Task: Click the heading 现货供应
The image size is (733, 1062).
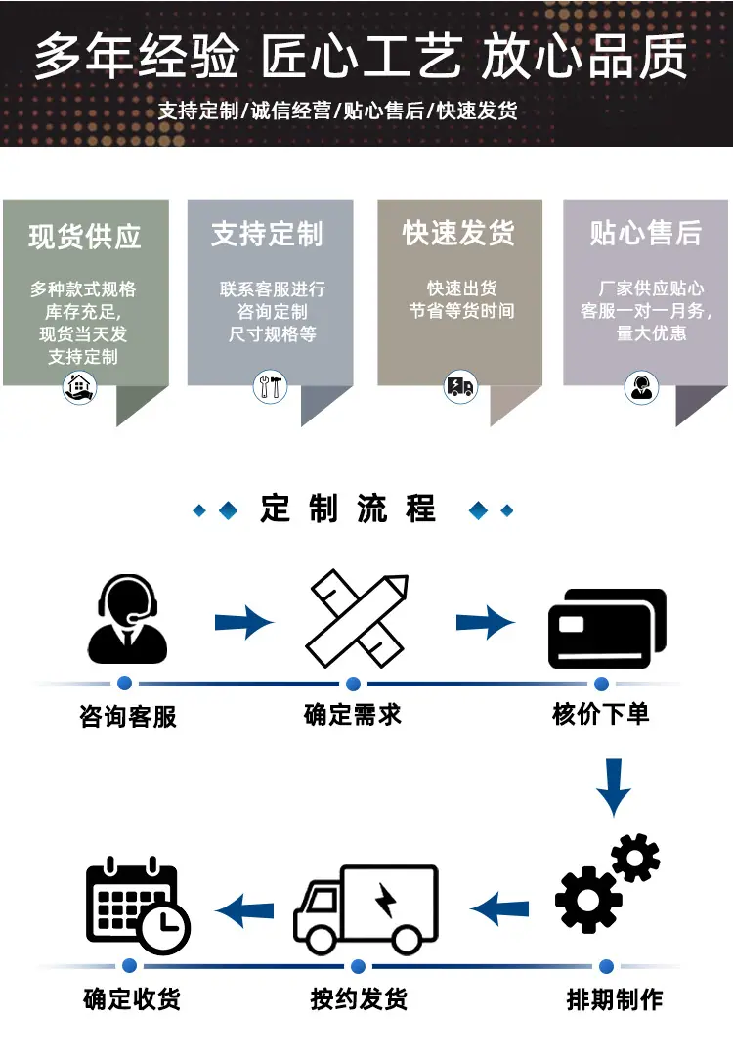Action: pos(85,237)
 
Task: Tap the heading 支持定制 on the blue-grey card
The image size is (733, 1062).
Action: pos(268,234)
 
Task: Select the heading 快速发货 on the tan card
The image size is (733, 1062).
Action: pos(459,233)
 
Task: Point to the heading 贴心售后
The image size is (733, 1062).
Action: pos(646,233)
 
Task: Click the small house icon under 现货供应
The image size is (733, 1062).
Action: pos(79,387)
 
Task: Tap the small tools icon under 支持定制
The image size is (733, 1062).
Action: pos(270,387)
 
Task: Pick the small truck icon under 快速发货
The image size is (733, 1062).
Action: pos(460,387)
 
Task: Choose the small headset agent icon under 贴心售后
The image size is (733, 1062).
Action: pos(641,387)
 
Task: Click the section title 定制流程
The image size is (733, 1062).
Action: pos(348,509)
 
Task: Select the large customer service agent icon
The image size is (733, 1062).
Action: pos(127,619)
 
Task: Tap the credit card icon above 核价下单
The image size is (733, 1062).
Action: pos(607,629)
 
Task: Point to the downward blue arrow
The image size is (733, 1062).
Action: pos(614,787)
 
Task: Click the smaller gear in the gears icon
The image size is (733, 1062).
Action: pos(635,858)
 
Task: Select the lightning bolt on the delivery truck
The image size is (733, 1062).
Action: pos(386,900)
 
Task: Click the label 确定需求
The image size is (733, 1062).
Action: pos(353,715)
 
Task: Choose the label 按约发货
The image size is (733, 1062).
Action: pos(359,999)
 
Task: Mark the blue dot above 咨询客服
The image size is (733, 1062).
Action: pos(124,683)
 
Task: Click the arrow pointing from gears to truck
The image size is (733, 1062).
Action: pos(499,908)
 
